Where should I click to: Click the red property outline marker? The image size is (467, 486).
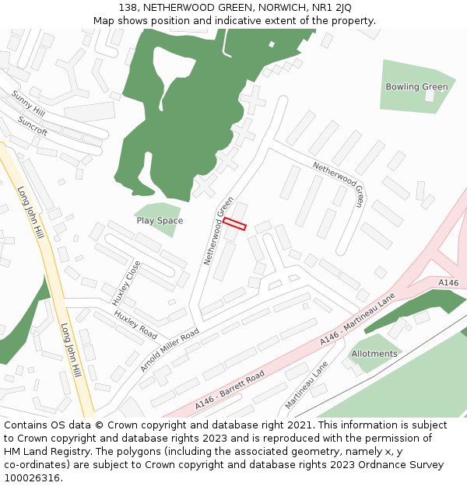(234, 224)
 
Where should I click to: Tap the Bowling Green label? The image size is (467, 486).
(416, 87)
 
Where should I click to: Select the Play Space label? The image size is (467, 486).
(160, 221)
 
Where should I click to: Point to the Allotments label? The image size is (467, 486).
(374, 354)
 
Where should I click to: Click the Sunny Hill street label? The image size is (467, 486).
(28, 103)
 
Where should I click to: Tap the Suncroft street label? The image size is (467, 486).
(33, 127)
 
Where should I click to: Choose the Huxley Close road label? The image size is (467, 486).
(126, 283)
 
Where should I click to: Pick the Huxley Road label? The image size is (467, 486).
(135, 325)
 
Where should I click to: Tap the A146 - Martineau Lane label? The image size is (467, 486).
(357, 320)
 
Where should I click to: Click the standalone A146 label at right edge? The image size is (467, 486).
(448, 283)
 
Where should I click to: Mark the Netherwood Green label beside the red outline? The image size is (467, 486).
(219, 231)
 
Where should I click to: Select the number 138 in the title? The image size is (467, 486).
(128, 7)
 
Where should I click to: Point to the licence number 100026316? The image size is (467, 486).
(33, 477)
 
